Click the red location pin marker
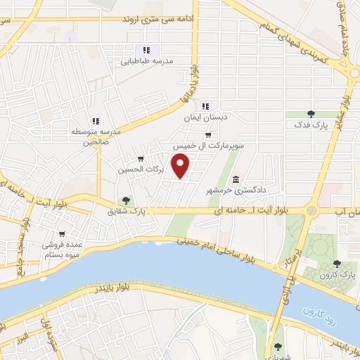click(x=181, y=166)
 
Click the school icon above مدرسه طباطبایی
click(x=146, y=50)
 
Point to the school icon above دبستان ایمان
click(x=204, y=105)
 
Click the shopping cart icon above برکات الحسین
click(x=141, y=158)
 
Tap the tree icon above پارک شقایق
click(x=126, y=200)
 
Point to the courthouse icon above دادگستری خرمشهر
click(x=236, y=179)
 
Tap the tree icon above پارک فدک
click(x=311, y=113)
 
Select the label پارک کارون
click(x=337, y=275)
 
